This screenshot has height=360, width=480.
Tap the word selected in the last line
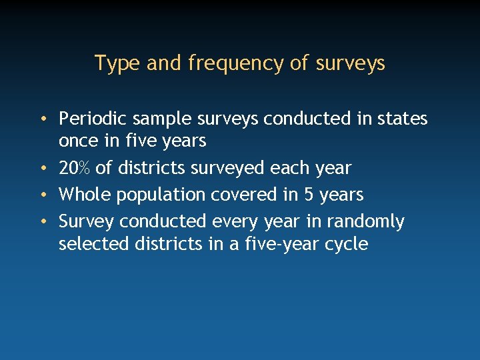[93, 244]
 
